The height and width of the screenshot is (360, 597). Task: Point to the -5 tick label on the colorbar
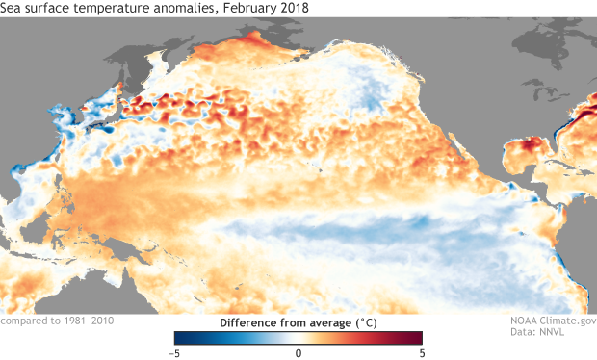click(x=175, y=352)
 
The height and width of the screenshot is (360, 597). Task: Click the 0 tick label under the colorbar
click(x=298, y=352)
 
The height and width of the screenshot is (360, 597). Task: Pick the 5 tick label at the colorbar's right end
click(x=421, y=352)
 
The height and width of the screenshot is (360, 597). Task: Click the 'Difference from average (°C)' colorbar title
click(x=298, y=322)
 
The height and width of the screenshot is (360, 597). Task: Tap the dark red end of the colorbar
click(x=417, y=337)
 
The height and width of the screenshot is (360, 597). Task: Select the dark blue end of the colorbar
click(x=180, y=337)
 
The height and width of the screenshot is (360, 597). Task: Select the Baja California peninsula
click(x=479, y=144)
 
